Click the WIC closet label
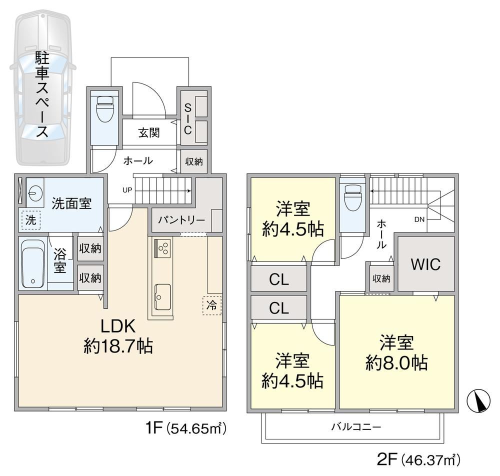425,264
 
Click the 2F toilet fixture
353,198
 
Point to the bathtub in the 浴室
32,263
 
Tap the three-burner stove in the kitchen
162,248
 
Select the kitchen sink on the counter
162,297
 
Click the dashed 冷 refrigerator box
211,305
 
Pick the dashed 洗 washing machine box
31,220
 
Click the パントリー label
181,220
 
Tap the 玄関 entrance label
149,132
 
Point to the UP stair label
127,190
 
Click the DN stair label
419,219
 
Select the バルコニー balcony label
356,426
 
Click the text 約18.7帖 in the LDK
118,345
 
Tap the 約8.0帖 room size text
396,362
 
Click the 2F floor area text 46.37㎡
430,460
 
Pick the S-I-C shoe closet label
188,119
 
